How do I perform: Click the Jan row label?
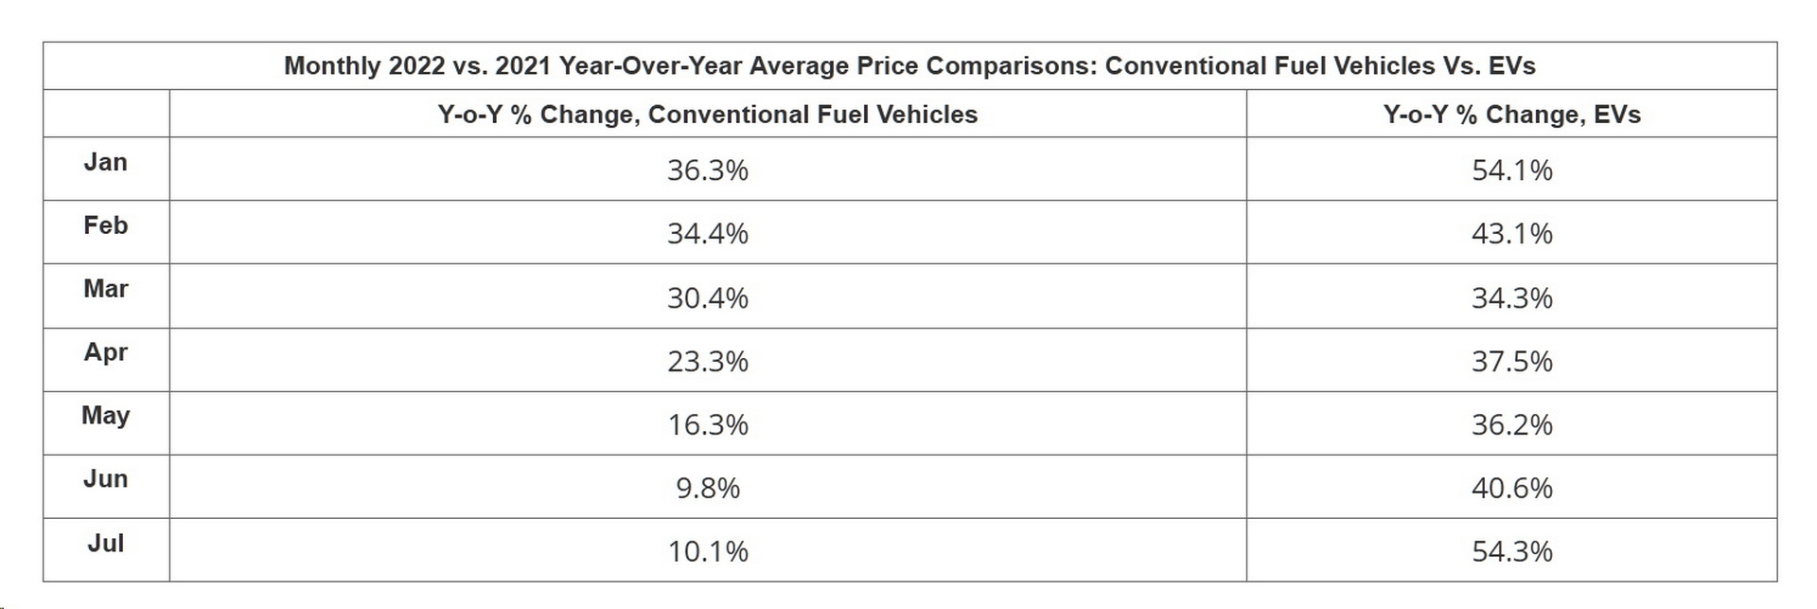click(105, 162)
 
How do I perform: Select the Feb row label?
click(105, 225)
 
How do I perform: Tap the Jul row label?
click(105, 543)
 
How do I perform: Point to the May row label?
click(105, 416)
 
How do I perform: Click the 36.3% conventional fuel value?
click(707, 170)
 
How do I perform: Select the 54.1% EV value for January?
click(1511, 170)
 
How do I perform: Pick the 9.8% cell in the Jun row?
click(707, 488)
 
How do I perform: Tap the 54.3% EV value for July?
click(1511, 551)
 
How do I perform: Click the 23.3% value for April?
click(707, 361)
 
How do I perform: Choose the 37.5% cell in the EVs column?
click(1511, 361)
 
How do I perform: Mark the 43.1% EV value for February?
click(1511, 234)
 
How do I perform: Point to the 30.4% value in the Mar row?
click(707, 298)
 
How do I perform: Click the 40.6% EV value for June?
click(1511, 488)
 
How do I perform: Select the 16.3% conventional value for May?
click(707, 424)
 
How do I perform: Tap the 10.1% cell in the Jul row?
click(707, 551)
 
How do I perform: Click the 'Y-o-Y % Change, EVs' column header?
click(1511, 115)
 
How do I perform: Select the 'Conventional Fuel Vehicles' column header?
click(707, 115)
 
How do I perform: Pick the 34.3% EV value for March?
click(1511, 298)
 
